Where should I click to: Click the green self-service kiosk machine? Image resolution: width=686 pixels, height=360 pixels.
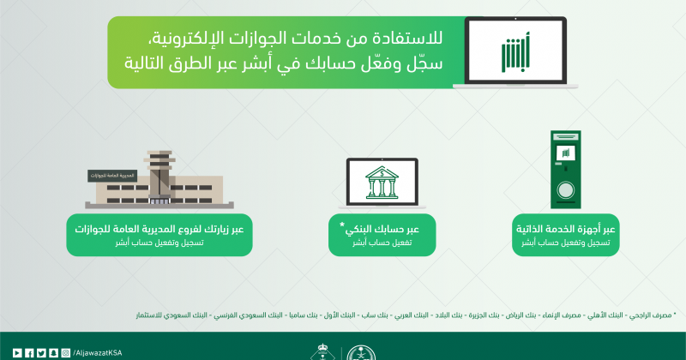(x=565, y=171)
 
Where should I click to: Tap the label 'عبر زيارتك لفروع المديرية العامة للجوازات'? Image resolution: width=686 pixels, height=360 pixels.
(x=160, y=229)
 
